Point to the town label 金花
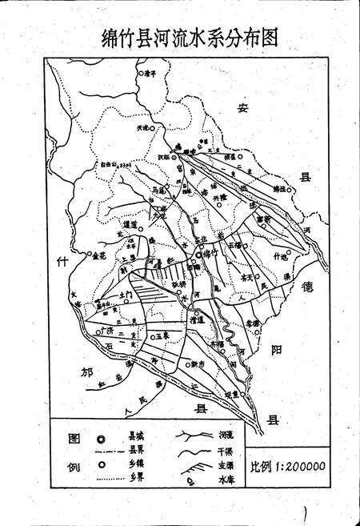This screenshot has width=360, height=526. point(99,258)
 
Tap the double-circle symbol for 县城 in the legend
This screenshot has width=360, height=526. point(100,439)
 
